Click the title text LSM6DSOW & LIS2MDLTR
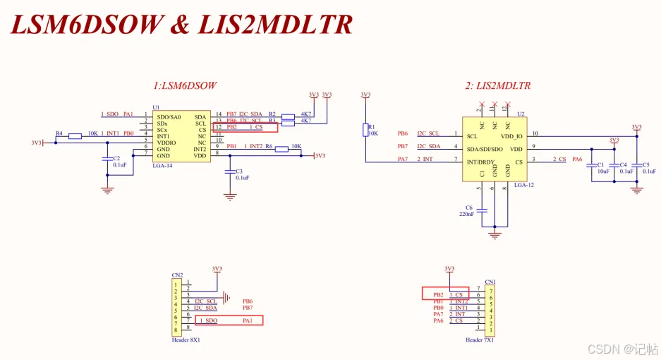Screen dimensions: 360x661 pos(181,25)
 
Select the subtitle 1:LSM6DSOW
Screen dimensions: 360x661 pos(184,86)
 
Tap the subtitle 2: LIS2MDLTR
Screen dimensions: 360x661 pos(497,86)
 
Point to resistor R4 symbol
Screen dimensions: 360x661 pos(75,136)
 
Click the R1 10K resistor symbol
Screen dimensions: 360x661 pos(365,129)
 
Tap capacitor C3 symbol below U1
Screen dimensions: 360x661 pos(229,172)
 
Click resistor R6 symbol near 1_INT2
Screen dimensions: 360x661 pos(281,149)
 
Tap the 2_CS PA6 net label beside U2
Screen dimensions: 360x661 pos(567,160)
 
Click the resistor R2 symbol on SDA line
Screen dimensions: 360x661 pos(288,116)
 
